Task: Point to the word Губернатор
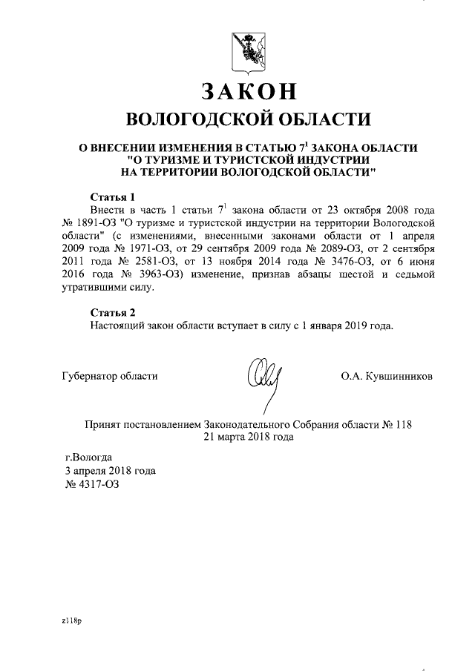88,376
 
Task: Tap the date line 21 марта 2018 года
249,437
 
